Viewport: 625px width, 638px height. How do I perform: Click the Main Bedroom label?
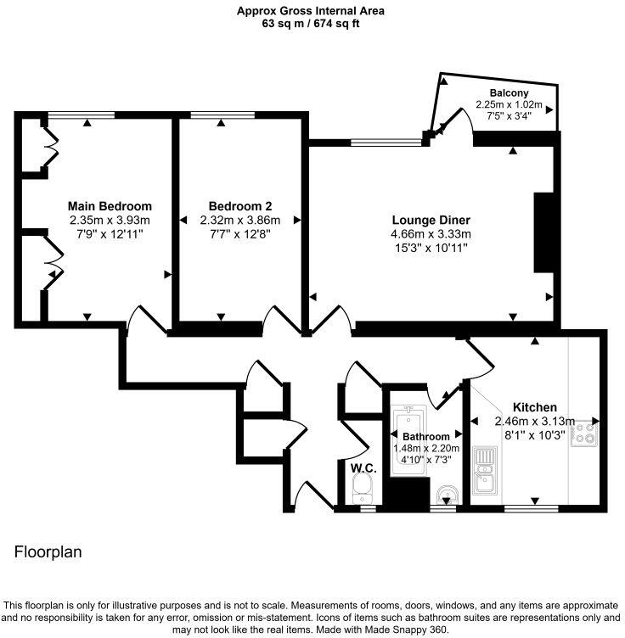(110, 206)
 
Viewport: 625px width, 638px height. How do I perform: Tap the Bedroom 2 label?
(240, 206)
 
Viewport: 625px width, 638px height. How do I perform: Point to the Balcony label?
(509, 93)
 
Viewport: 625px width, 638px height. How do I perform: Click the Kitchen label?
(534, 407)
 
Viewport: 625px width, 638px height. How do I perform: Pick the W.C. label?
(363, 467)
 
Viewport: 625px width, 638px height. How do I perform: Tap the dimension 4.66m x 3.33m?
(430, 233)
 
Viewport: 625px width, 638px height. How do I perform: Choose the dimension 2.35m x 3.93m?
(110, 219)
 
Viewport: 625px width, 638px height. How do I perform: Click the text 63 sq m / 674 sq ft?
(312, 25)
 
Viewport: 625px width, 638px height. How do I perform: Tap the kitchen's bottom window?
(531, 508)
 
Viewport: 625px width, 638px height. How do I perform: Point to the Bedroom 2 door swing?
(279, 320)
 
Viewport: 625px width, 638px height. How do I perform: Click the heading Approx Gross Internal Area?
(312, 11)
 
